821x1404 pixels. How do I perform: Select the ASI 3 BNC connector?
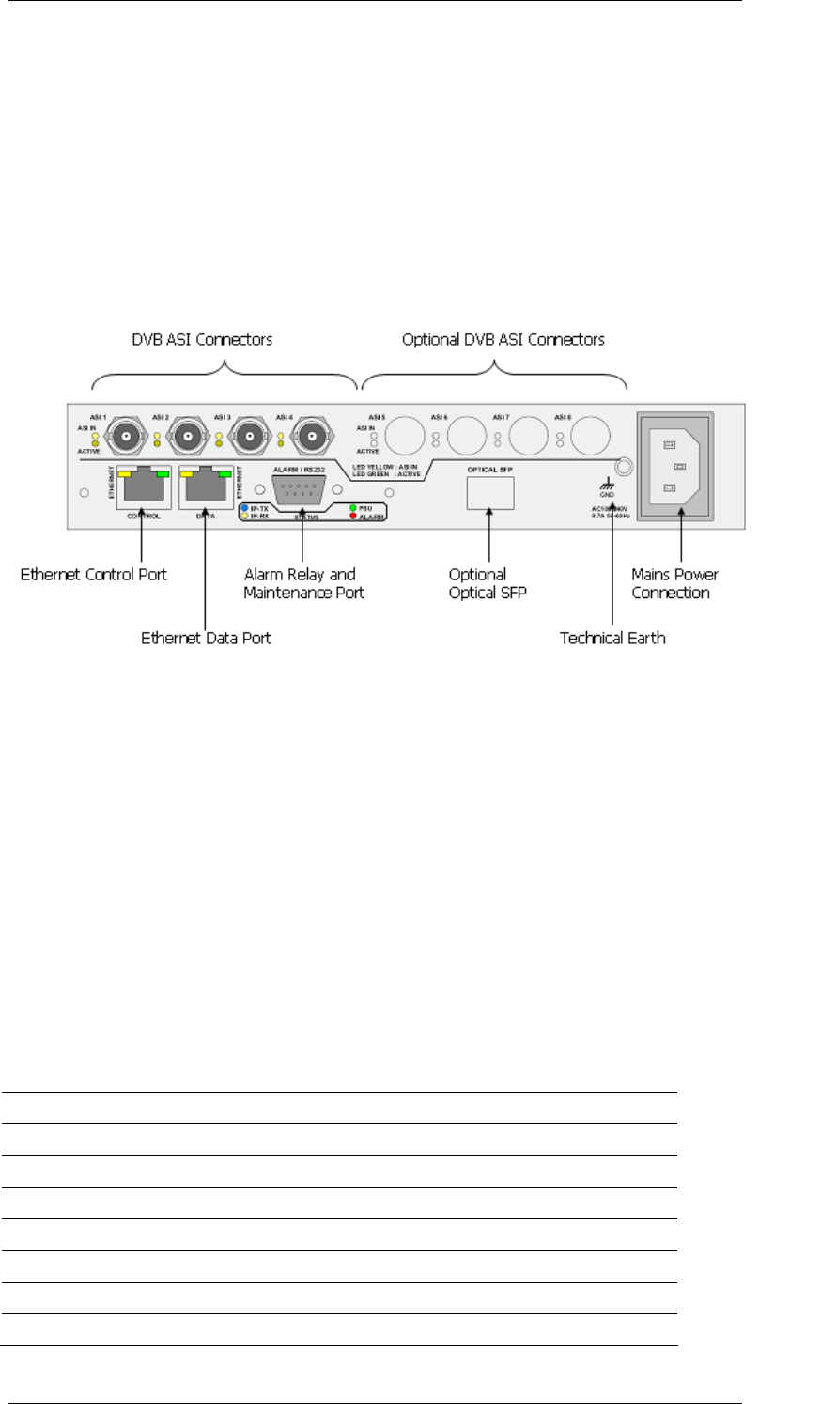(253, 436)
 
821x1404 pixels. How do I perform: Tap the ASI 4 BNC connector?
(315, 436)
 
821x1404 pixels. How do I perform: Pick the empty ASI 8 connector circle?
(591, 436)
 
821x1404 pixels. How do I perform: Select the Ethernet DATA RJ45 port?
(206, 486)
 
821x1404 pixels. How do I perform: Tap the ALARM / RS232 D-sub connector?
(301, 489)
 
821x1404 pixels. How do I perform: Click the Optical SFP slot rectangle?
(490, 492)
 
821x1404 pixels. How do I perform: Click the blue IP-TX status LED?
(245, 508)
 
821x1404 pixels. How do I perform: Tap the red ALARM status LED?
(352, 517)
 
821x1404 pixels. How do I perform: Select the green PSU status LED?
(352, 508)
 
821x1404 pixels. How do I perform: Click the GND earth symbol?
(608, 486)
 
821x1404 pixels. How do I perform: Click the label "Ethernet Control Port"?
(94, 574)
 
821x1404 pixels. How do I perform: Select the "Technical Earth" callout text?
(612, 638)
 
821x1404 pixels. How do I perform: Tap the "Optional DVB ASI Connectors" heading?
(503, 339)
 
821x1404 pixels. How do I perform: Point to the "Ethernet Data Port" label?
(206, 638)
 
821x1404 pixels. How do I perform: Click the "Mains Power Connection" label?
(674, 583)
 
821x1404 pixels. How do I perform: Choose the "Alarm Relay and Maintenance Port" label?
(303, 583)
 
